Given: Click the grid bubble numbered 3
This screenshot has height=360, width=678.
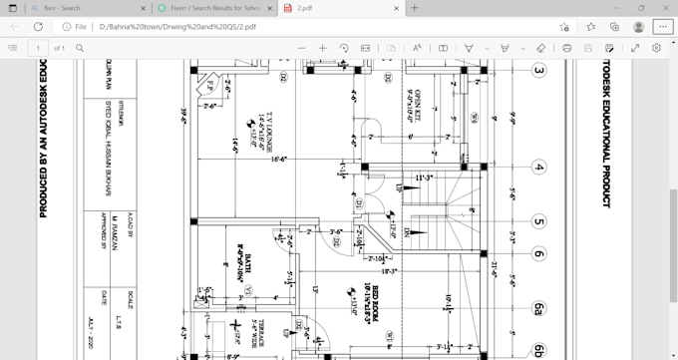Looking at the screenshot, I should pyautogui.click(x=539, y=71).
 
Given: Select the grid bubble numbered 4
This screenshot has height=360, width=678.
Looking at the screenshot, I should pyautogui.click(x=539, y=167).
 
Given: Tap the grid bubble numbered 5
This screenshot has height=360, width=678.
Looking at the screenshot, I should pyautogui.click(x=539, y=222).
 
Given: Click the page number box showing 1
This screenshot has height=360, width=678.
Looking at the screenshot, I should pyautogui.click(x=38, y=47).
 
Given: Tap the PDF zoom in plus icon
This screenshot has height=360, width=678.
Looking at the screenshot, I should pyautogui.click(x=322, y=47).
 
